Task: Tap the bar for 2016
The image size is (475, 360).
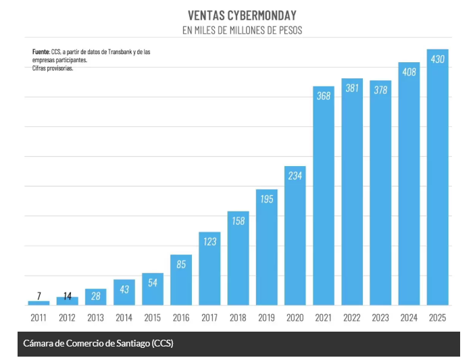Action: point(181,280)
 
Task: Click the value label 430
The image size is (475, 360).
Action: point(437,59)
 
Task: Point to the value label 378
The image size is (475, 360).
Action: point(380,90)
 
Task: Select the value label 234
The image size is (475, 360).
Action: point(295,176)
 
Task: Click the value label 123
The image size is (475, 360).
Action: point(209,241)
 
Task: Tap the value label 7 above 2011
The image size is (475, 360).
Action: point(39,295)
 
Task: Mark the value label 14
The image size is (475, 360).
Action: point(67,295)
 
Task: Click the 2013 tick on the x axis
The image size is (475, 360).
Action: point(95,317)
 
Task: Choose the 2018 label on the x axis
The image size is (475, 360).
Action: point(238,317)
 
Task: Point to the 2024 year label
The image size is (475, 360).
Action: point(409,317)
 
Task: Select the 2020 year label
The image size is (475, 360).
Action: point(295,317)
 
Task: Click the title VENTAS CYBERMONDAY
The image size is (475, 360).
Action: point(241,15)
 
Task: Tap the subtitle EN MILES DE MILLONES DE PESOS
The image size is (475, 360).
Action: point(241,30)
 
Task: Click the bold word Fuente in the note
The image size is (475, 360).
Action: point(41,51)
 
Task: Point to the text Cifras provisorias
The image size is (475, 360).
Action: point(53,68)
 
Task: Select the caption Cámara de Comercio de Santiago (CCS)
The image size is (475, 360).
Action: point(98,343)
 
